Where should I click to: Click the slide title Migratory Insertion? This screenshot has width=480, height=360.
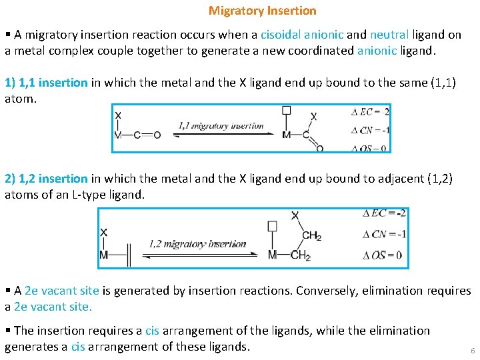(262, 11)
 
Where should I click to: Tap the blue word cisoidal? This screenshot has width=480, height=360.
(282, 35)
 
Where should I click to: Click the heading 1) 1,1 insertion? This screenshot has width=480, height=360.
(46, 83)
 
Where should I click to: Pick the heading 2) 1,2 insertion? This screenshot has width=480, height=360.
(46, 179)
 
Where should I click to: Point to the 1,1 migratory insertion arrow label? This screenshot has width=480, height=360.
(221, 125)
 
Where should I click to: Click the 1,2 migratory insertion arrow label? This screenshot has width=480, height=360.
(197, 244)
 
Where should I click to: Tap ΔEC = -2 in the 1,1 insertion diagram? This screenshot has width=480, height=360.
(370, 111)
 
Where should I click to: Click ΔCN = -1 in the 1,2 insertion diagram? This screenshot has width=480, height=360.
(384, 234)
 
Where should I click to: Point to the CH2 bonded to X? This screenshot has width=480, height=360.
(311, 235)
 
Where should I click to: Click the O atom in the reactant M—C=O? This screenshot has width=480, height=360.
(157, 135)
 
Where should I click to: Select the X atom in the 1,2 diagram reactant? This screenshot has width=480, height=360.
(104, 232)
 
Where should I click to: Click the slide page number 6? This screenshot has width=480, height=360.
(472, 351)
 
